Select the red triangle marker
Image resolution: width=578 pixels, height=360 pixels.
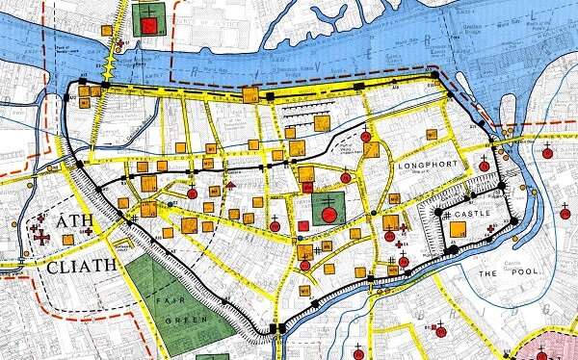point(231,183)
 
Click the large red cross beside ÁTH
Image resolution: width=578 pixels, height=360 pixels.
point(41,234)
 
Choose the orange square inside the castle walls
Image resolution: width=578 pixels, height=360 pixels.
point(459,229)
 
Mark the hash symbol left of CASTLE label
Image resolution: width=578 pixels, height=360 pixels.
point(446,214)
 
